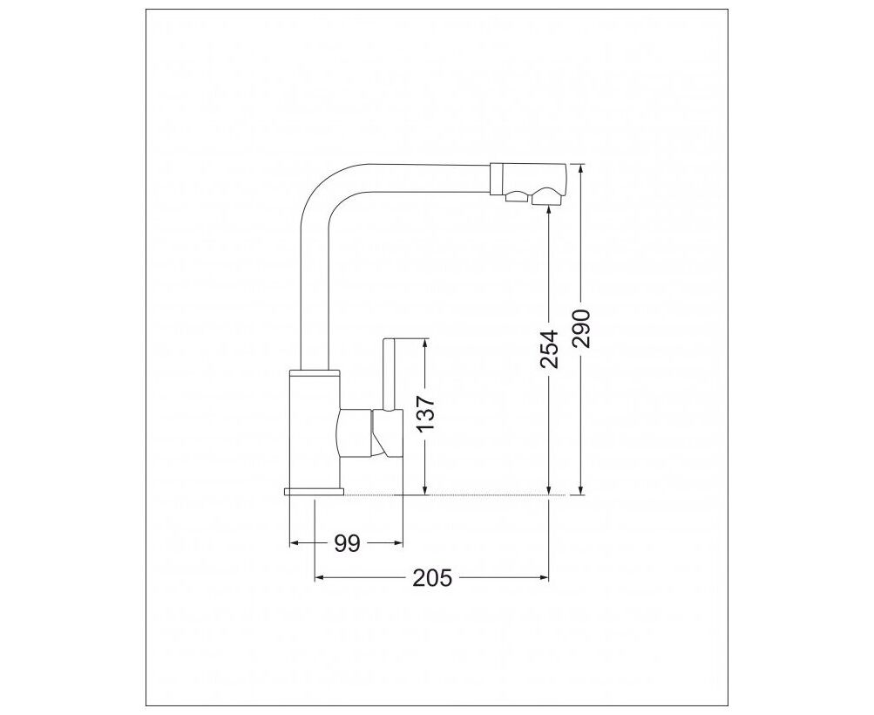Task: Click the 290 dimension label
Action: point(581,329)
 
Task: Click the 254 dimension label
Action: point(549,349)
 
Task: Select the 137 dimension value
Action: point(425,414)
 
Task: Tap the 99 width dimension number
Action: point(348,542)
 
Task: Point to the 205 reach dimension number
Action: point(432,578)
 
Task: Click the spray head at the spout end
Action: point(528,179)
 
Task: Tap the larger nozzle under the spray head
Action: point(548,197)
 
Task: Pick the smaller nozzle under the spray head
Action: point(516,196)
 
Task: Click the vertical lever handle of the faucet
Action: point(389,375)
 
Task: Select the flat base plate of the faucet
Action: point(315,492)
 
